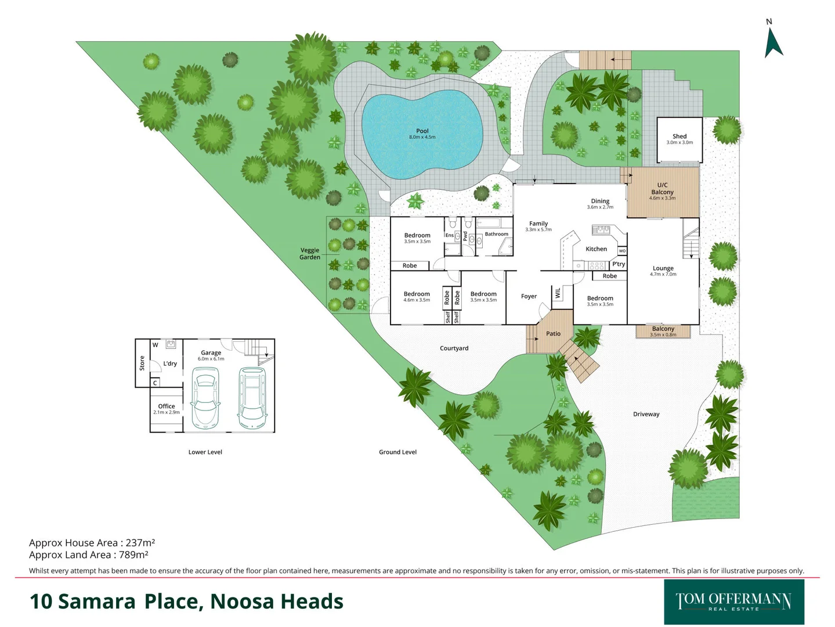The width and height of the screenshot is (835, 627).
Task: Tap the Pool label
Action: (x=422, y=131)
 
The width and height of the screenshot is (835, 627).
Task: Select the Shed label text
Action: (x=679, y=136)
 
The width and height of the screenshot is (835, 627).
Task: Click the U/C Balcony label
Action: (x=662, y=189)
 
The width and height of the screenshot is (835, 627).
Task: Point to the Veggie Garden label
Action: (x=310, y=254)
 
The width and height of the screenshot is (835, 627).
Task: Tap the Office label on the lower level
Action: (x=167, y=406)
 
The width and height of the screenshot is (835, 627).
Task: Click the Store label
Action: (x=142, y=363)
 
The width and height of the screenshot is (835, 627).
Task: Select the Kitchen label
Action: (x=596, y=249)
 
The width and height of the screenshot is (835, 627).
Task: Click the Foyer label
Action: (x=529, y=296)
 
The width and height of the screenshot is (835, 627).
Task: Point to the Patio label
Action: (x=553, y=334)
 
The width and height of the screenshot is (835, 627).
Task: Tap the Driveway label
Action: (x=646, y=414)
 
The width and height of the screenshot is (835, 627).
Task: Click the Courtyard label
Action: (x=454, y=348)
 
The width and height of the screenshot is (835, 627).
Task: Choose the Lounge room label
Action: (x=663, y=269)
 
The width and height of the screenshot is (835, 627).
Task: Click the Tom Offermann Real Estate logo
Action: (x=733, y=601)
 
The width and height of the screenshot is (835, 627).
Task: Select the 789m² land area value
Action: (x=133, y=555)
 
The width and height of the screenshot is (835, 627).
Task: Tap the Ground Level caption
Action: (x=397, y=452)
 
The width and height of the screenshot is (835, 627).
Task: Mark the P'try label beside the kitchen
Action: (x=619, y=264)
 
